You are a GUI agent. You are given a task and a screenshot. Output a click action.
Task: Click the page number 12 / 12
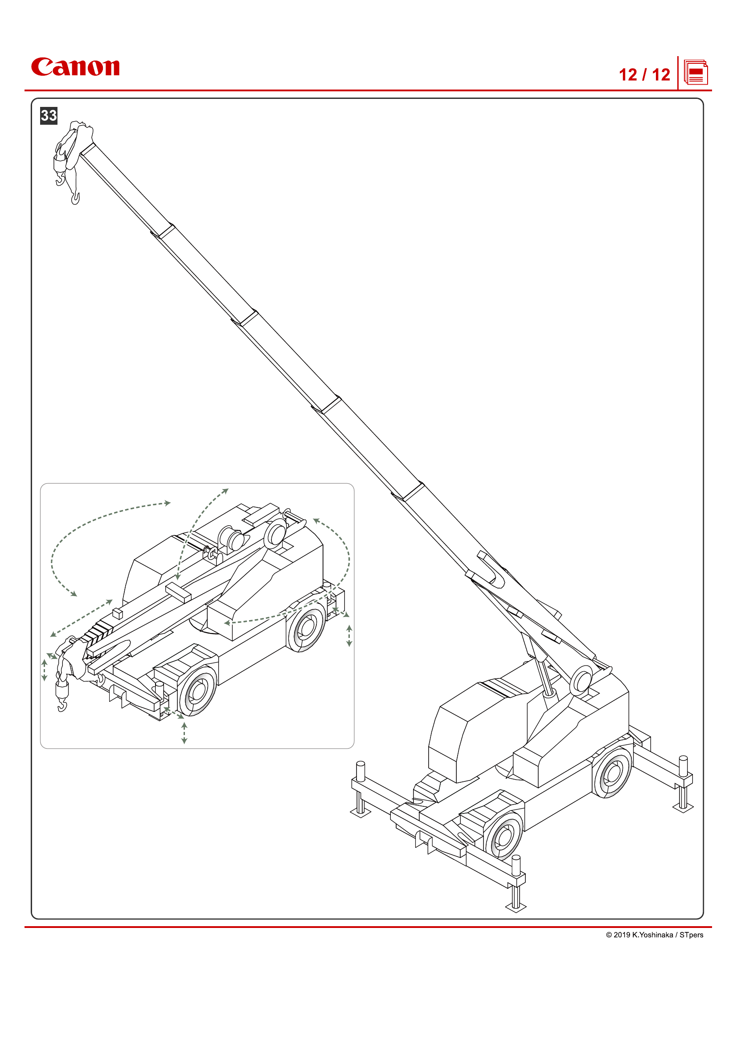pos(644,75)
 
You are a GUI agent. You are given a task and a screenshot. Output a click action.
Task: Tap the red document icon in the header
pos(696,73)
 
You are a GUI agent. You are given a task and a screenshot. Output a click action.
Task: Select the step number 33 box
pos(49,115)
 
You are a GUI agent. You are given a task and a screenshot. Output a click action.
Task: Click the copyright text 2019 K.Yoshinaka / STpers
pos(655,935)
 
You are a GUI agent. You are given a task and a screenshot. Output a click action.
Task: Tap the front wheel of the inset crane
pos(197,691)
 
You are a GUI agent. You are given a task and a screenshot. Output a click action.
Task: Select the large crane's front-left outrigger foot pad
pos(361,813)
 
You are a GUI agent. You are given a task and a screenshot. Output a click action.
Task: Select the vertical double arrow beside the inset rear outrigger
pos(349,635)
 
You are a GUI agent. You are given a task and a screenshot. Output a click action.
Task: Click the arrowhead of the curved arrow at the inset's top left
pos(168,503)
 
